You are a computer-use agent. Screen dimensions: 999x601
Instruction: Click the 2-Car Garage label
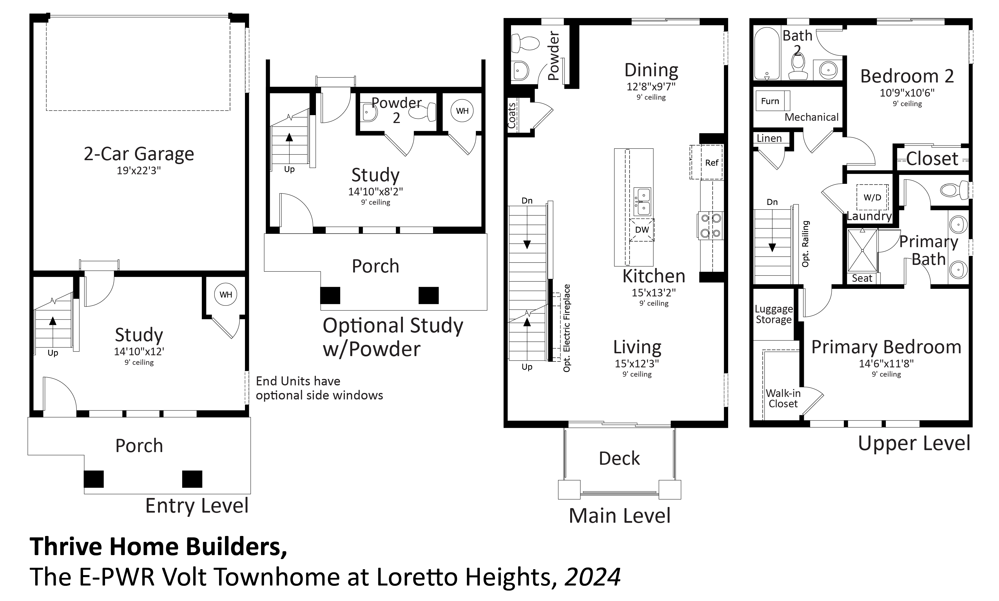pyautogui.click(x=139, y=154)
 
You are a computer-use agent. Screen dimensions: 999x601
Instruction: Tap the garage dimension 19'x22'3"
pyautogui.click(x=139, y=171)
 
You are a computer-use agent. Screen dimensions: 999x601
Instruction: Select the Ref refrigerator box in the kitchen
pyautogui.click(x=706, y=162)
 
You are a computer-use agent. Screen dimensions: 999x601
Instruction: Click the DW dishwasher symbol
pyautogui.click(x=642, y=230)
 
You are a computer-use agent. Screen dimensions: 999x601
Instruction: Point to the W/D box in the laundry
pyautogui.click(x=872, y=197)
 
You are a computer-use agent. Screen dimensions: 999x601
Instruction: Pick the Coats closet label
pyautogui.click(x=512, y=116)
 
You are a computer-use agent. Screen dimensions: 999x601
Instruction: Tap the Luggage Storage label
pyautogui.click(x=774, y=314)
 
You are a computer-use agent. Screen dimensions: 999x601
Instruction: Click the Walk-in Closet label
pyautogui.click(x=783, y=399)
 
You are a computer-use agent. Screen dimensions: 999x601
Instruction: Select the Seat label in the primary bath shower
pyautogui.click(x=862, y=278)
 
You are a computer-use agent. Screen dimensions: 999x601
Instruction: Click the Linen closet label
pyautogui.click(x=769, y=138)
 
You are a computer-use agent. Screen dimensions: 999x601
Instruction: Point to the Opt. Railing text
pyautogui.click(x=805, y=244)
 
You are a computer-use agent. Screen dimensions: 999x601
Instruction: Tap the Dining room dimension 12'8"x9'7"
pyautogui.click(x=651, y=86)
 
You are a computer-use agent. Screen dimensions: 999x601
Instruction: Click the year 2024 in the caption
pyautogui.click(x=592, y=577)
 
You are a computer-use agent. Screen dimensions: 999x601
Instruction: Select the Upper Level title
pyautogui.click(x=914, y=443)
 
